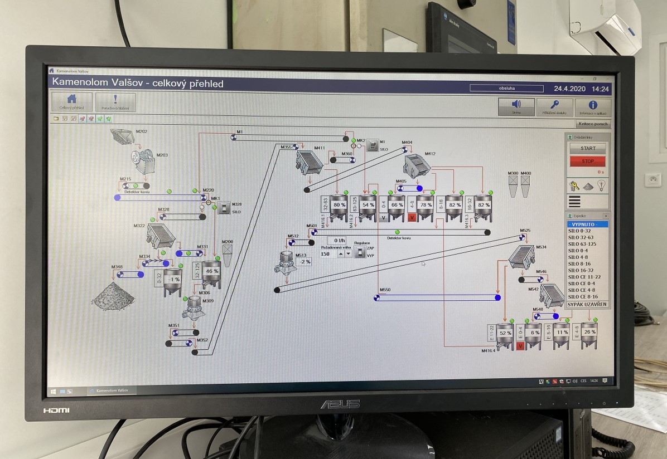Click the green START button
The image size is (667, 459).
coord(587,149)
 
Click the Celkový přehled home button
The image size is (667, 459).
coord(72,102)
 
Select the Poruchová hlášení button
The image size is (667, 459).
coord(115,102)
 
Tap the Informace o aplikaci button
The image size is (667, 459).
coord(593,107)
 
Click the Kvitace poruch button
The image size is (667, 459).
coord(593,124)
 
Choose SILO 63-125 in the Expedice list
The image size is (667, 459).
coord(582,243)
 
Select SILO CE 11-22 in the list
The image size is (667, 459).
coord(584,277)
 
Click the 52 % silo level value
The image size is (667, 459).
coord(505,333)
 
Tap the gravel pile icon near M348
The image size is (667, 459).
coord(113,296)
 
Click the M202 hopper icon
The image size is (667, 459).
coord(122,135)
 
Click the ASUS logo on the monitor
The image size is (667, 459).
coord(340,404)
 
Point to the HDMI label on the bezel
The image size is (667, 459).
coord(56,410)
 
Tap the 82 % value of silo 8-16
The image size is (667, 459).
coord(455,205)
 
